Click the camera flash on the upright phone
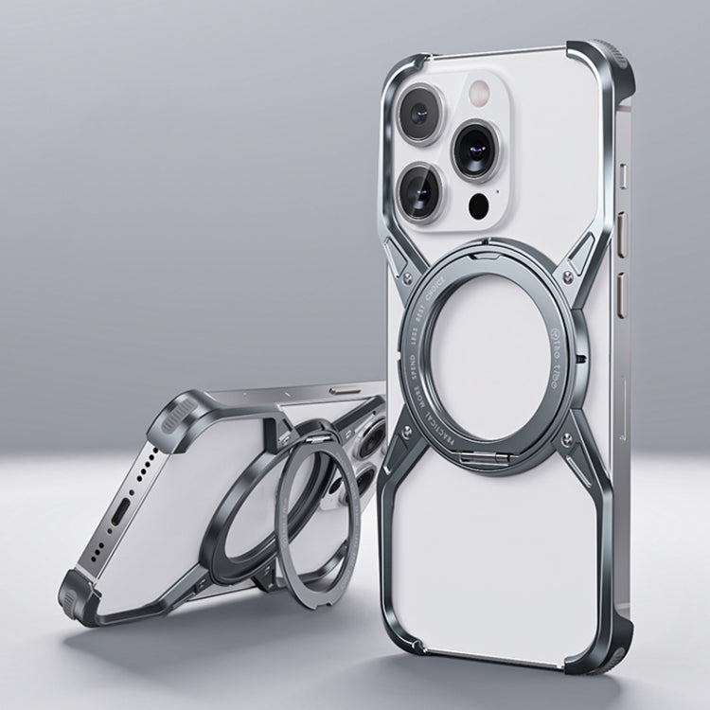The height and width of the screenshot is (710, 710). pyautogui.click(x=478, y=92)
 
